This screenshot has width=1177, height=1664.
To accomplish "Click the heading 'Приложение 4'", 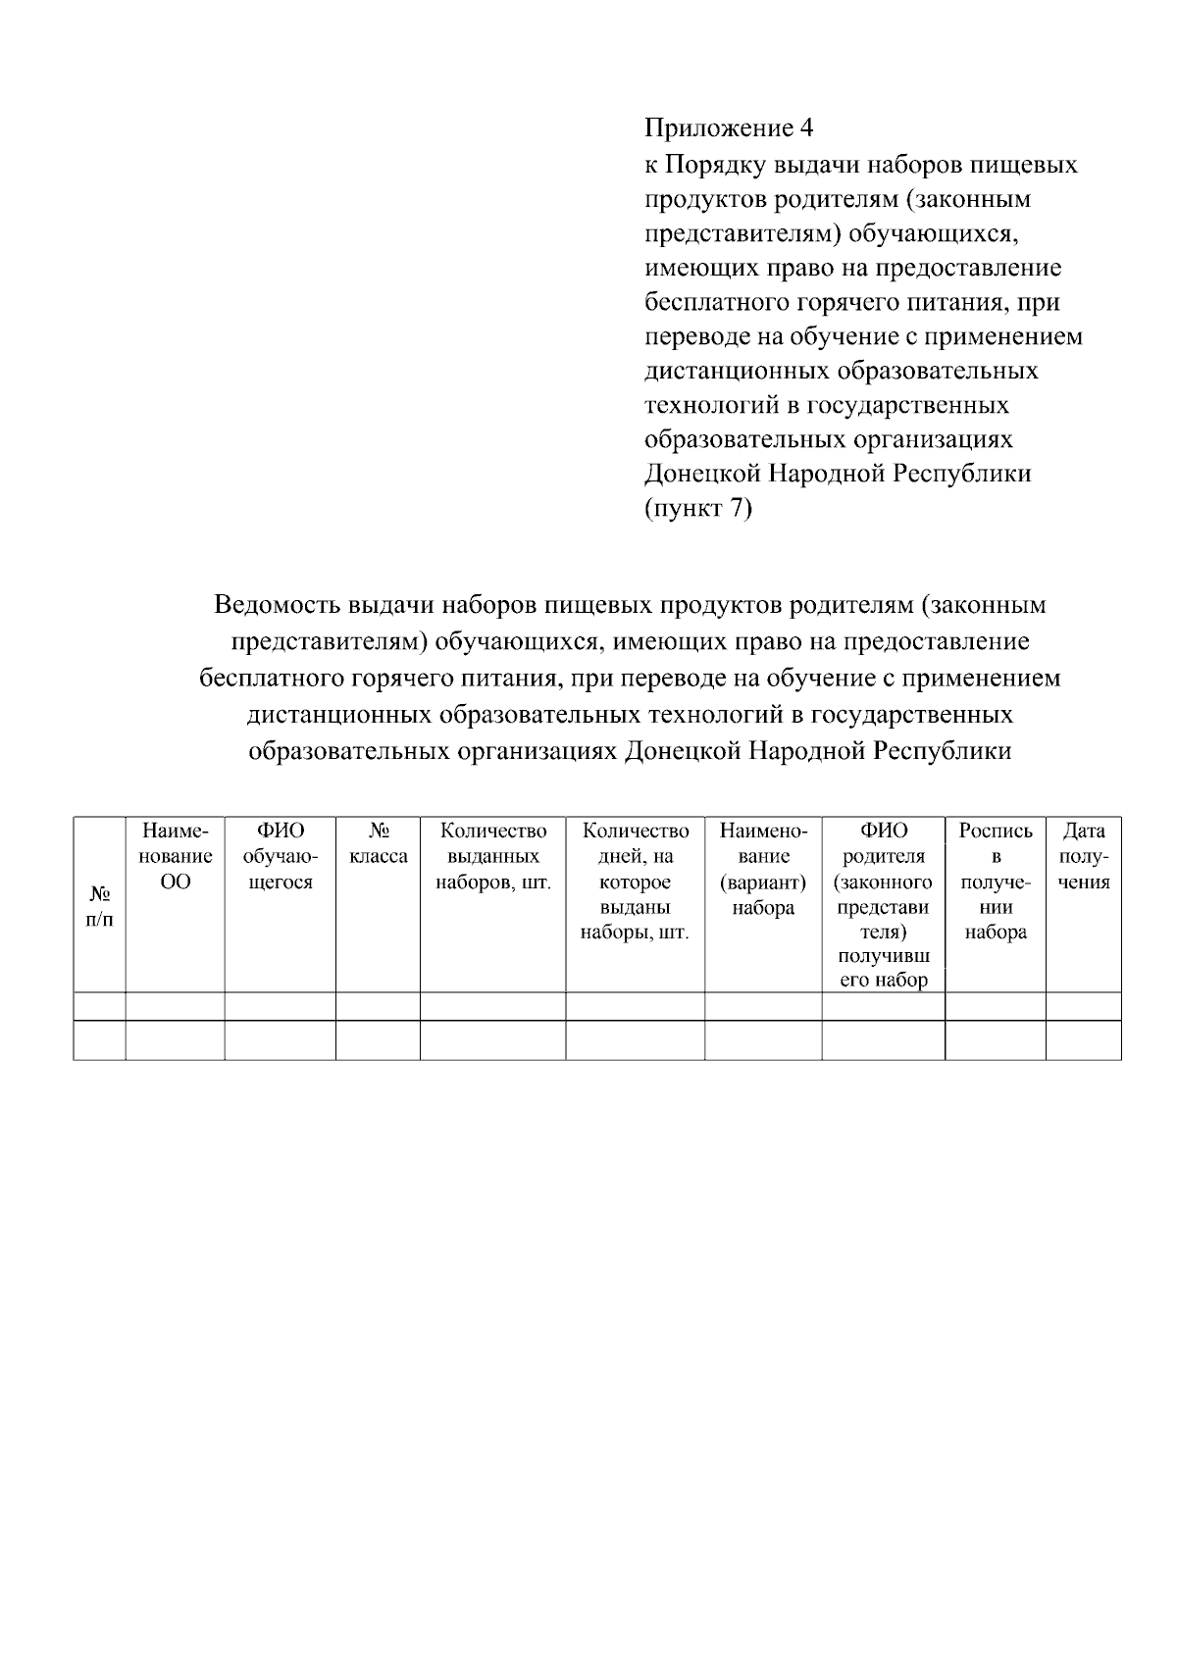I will click(x=729, y=128).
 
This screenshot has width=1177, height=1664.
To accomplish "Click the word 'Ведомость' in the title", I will click(x=278, y=604).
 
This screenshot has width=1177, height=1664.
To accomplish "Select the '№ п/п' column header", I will click(x=99, y=907).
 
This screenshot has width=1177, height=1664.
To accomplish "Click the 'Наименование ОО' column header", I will click(x=176, y=856).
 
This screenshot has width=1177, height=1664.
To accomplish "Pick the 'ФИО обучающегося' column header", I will click(x=280, y=856).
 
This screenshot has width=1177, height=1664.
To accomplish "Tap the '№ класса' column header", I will click(x=378, y=843).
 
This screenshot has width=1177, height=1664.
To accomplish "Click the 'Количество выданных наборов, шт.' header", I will click(x=492, y=856).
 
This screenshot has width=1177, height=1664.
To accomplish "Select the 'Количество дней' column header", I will click(x=635, y=881).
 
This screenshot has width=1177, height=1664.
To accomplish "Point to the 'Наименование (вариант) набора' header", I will click(x=762, y=869).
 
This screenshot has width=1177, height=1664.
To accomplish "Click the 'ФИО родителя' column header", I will click(x=883, y=904).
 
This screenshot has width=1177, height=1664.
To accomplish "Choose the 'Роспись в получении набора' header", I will click(x=995, y=881).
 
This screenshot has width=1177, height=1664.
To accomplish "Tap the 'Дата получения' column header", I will click(x=1083, y=856).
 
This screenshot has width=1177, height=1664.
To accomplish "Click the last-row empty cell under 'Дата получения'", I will click(x=1083, y=1039).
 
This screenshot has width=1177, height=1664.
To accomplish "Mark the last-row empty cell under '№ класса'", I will click(x=378, y=1039).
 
